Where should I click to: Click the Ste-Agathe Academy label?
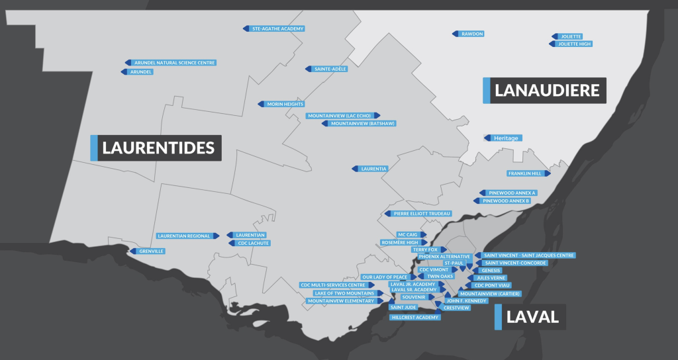[278, 29]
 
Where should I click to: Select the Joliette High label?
[573, 44]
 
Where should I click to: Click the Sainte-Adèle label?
[330, 69]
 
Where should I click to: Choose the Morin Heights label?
[285, 105]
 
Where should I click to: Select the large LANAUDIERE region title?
[547, 91]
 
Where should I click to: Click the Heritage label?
[506, 138]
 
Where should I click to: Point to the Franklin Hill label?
[525, 173]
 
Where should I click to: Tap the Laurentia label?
[373, 169]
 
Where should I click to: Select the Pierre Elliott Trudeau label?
[422, 214]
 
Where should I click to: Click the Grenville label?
[151, 251]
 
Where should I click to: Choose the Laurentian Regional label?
[183, 236]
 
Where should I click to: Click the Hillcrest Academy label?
[416, 318]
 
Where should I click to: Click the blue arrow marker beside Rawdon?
[456, 34]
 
